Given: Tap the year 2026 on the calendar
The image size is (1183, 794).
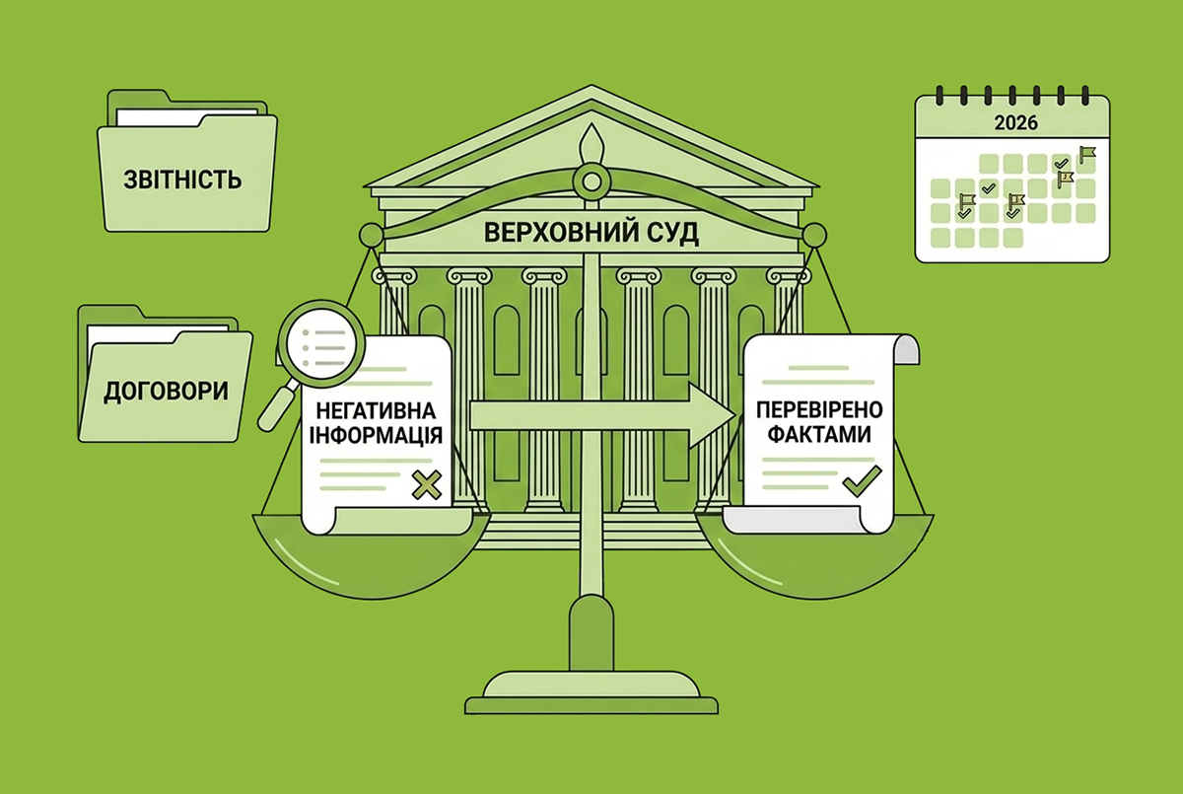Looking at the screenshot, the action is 1015,122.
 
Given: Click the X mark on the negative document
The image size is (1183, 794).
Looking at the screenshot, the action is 427,485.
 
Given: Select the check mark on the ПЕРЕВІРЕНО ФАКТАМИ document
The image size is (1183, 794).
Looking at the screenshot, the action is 862,480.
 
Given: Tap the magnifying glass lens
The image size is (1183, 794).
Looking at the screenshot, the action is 321,343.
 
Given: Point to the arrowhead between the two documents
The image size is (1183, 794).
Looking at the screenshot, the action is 712,416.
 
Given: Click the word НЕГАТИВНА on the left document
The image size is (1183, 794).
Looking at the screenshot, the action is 376,411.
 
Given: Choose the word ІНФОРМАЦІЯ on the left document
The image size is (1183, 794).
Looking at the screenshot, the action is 376,435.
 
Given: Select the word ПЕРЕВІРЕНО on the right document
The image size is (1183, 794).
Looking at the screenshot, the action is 819,409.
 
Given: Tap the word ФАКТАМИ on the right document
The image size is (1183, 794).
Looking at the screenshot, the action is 819,434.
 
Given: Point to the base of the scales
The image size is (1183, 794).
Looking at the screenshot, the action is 591,692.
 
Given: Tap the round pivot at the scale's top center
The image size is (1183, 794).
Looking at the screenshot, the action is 591,181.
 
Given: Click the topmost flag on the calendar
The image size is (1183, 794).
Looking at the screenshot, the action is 1087,154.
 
